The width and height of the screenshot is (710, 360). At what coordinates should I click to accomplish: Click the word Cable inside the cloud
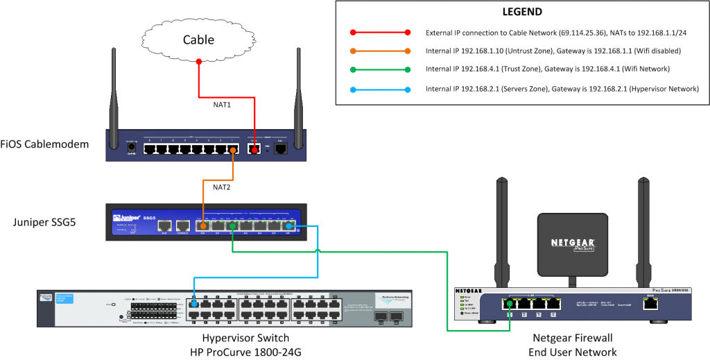pos(199,40)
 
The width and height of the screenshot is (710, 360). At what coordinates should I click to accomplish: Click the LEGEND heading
pos(521,12)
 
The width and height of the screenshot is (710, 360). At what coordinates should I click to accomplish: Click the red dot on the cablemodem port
pos(254,149)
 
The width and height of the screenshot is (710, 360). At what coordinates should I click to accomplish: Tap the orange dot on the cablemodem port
pos(234,149)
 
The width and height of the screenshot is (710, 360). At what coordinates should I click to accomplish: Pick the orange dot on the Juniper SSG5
pos(202,225)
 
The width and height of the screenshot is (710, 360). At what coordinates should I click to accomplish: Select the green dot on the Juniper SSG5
pos(233,225)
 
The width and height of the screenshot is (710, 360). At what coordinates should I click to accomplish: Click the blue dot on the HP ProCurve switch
pos(195,304)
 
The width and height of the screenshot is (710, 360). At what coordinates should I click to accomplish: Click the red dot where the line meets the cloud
pos(199,62)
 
